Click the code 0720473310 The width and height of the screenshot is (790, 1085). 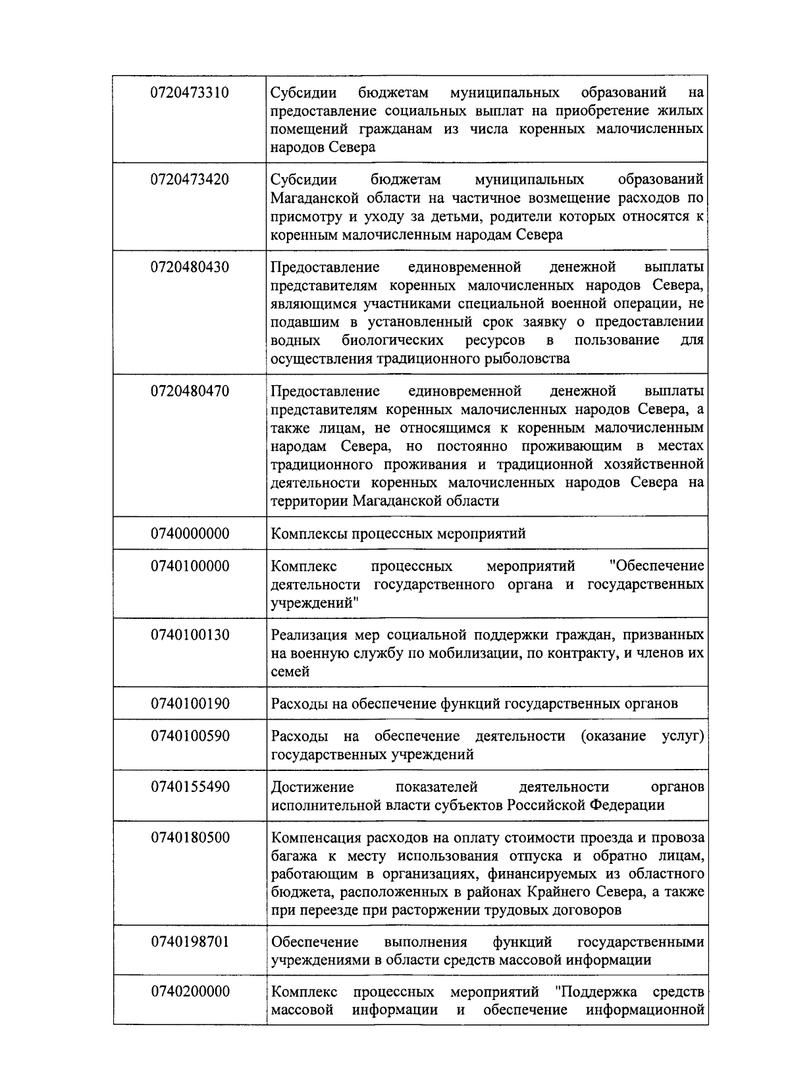190,92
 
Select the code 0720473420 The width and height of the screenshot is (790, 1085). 190,180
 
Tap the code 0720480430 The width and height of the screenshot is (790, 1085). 190,267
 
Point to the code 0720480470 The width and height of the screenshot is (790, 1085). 190,391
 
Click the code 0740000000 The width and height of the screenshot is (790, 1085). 190,533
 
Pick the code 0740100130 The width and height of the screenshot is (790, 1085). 190,635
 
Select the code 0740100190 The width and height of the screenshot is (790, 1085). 190,704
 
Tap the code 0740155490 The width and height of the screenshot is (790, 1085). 190,787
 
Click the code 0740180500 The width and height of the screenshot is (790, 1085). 190,838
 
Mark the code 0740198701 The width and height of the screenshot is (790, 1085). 190,942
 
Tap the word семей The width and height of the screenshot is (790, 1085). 290,672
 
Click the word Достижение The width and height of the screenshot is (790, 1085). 313,787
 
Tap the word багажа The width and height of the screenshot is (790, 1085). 291,857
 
